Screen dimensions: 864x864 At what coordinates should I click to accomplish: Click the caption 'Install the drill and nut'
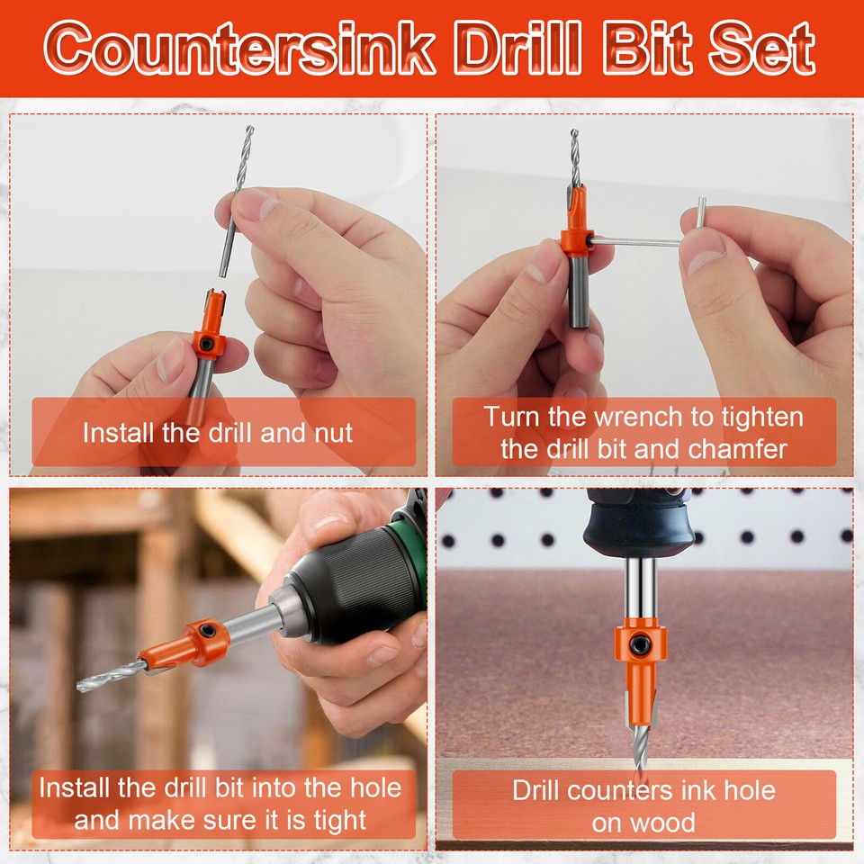coord(218,433)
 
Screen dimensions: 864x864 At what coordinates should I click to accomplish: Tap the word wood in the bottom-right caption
coord(661,822)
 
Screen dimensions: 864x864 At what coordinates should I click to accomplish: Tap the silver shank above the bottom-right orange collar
coord(639,589)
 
